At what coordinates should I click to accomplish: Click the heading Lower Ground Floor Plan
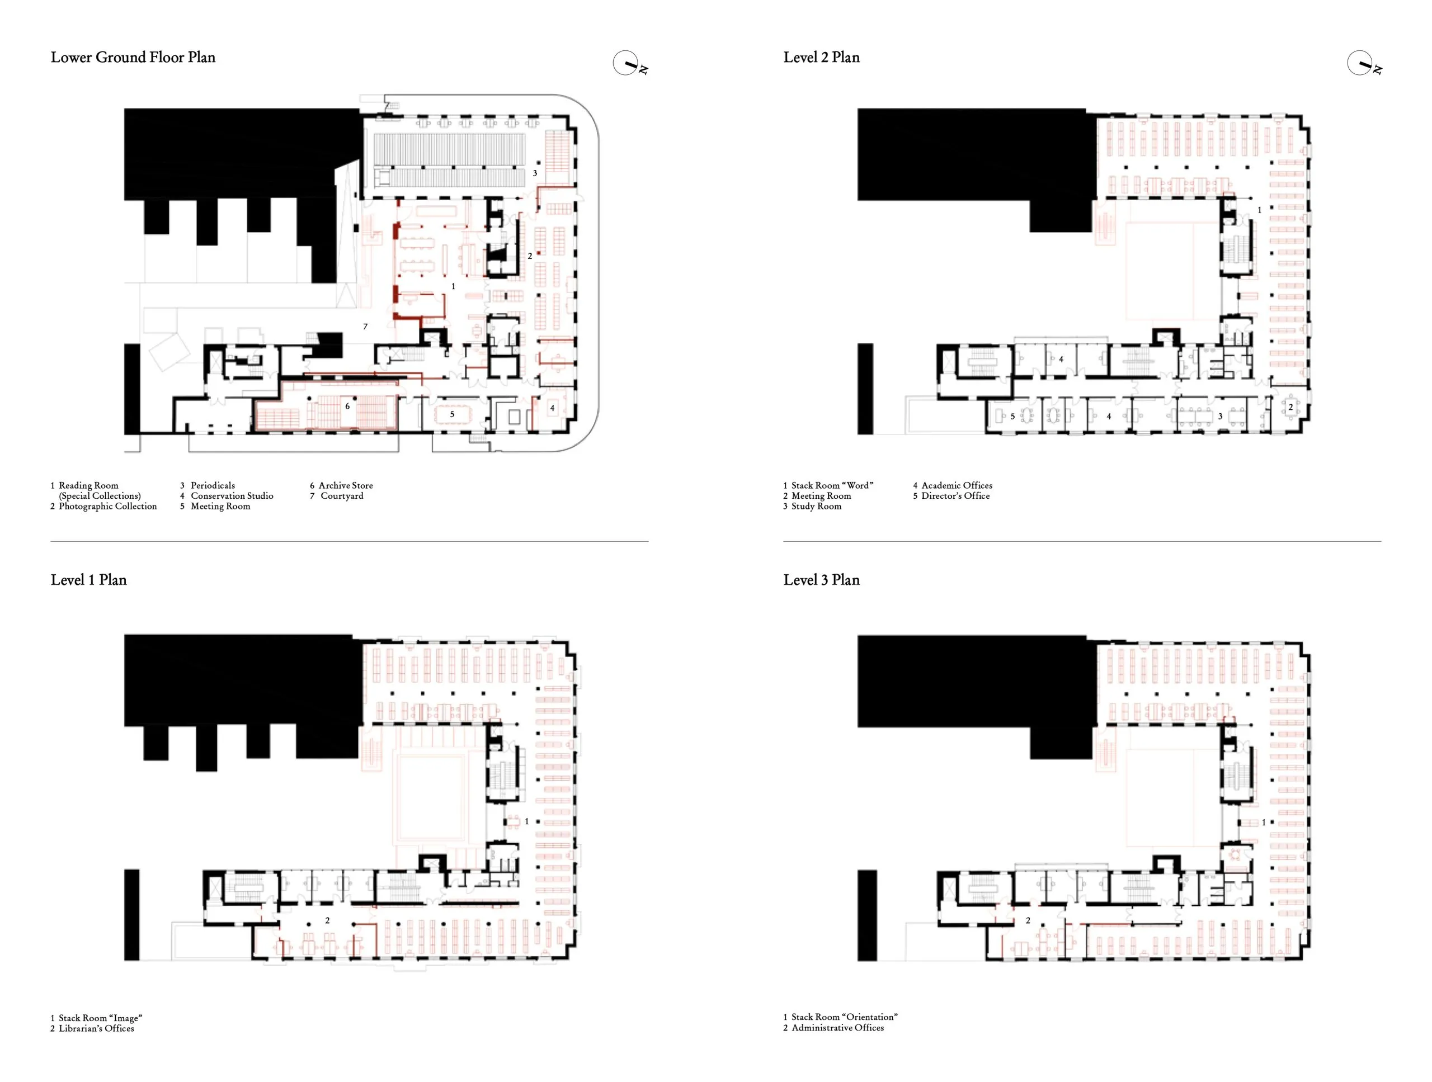click(133, 57)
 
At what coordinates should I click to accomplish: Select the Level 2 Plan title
click(822, 57)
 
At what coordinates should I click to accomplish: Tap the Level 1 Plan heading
click(89, 580)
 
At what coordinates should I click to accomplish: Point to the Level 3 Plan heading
click(822, 580)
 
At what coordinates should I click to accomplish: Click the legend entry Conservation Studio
click(232, 495)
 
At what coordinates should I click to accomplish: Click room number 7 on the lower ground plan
click(365, 327)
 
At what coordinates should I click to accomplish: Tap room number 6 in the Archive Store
click(347, 407)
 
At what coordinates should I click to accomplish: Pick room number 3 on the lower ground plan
click(535, 173)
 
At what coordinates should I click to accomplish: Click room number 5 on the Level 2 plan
click(1012, 417)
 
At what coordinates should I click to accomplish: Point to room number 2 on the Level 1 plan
click(328, 920)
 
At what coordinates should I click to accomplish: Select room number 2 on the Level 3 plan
click(1028, 920)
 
